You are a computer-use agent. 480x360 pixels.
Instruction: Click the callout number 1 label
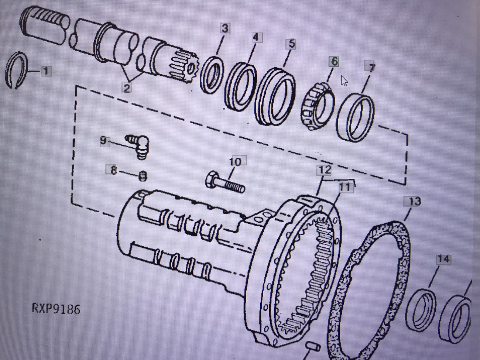pos(46,72)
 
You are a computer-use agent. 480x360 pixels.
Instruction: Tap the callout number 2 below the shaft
pos(127,88)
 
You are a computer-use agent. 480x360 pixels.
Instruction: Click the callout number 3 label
pos(225,28)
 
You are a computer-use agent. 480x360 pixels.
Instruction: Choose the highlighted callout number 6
pos(335,62)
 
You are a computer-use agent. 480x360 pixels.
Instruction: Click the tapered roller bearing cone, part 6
pos(318,106)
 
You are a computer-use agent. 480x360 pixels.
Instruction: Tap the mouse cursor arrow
pos(344,81)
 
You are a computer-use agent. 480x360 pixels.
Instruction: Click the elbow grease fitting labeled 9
pos(138,146)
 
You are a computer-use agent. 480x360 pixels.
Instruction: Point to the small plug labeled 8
pos(143,176)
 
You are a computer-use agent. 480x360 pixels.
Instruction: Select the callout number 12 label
pos(324,170)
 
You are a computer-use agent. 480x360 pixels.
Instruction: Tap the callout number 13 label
pos(412,202)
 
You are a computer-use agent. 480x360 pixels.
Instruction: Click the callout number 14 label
pos(443,259)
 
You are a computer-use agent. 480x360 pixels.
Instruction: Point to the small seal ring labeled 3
pos(212,75)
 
